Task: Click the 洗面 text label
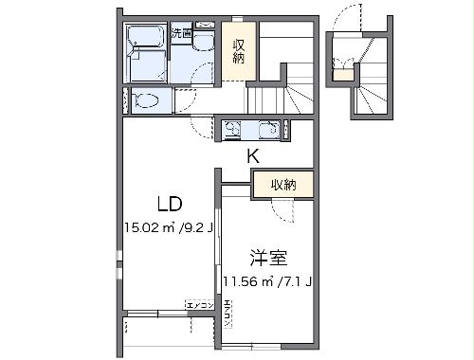[181, 35]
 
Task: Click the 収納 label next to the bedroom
[283, 185]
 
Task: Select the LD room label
[169, 204]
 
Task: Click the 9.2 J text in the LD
[193, 227]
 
